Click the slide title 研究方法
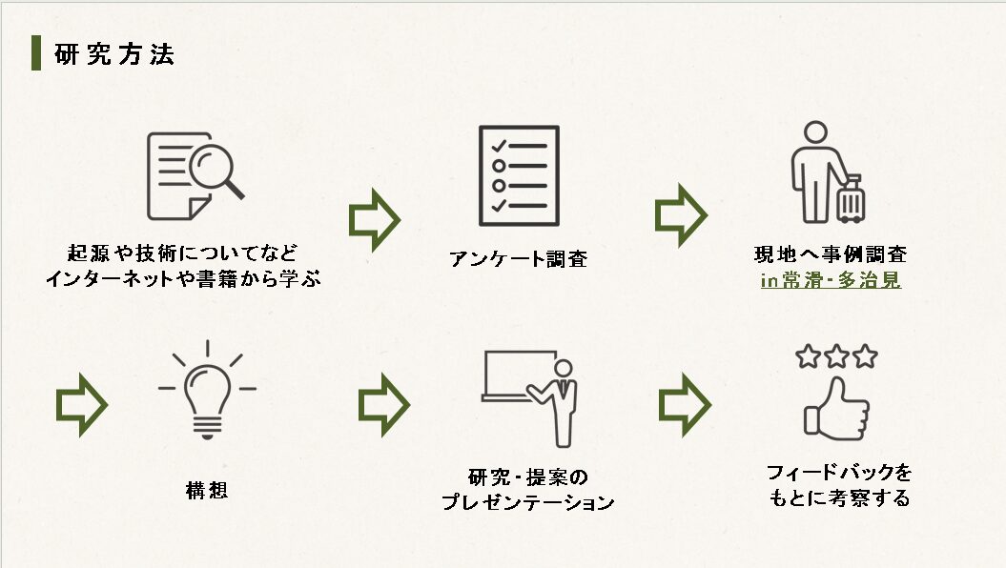point(114,54)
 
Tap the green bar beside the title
point(36,53)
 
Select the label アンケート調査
point(518,258)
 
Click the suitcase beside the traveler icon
point(850,199)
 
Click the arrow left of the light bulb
point(81,404)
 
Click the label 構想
point(207,492)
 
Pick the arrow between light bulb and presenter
point(383,404)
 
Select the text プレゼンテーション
point(527,502)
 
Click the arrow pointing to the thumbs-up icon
point(685,404)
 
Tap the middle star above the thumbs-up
point(836,356)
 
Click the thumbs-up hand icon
point(835,409)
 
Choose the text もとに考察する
point(839,497)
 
